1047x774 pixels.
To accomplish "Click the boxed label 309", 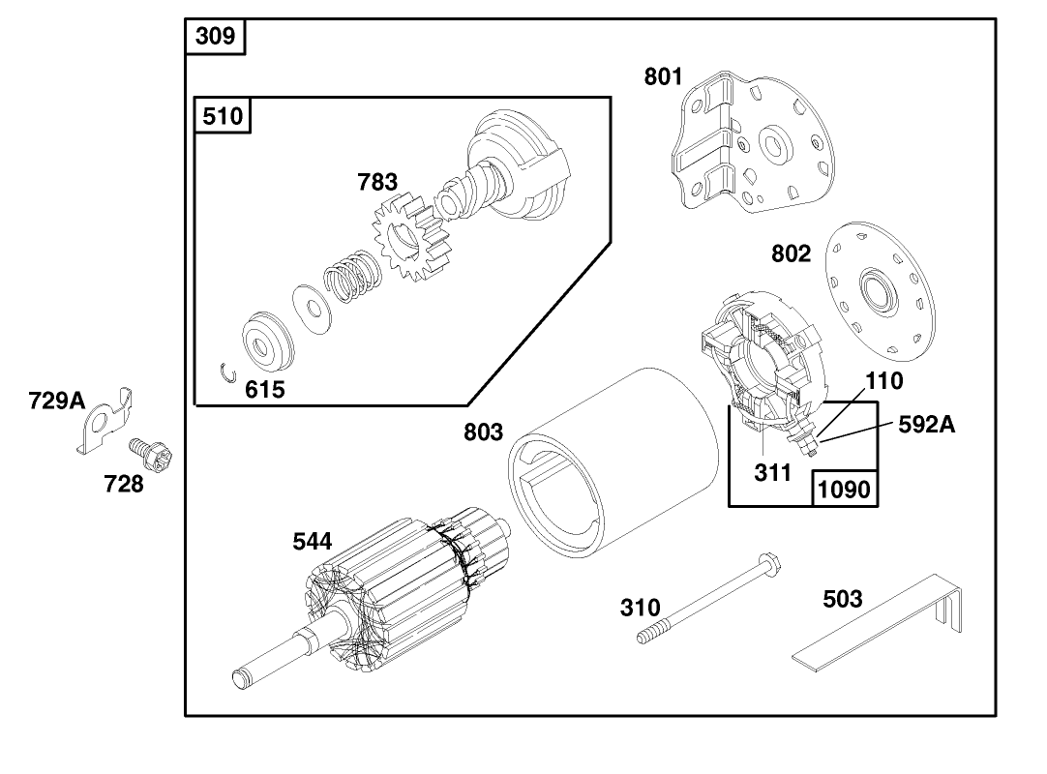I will click(215, 37).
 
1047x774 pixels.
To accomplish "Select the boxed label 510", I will click(224, 116).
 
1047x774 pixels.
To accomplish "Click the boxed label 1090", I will click(845, 490).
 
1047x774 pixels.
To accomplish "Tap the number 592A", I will click(926, 424).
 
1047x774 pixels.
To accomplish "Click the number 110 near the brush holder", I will click(883, 381).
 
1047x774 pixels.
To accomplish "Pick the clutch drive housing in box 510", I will click(518, 168).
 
